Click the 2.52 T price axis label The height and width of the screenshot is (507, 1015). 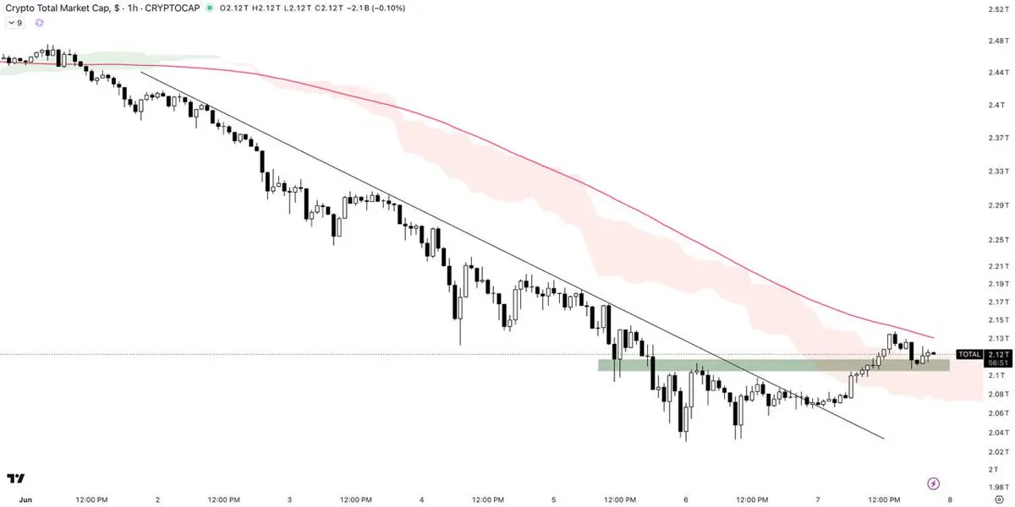[x=998, y=9]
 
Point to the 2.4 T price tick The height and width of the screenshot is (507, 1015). [x=997, y=105]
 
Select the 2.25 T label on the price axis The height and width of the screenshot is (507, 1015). [x=998, y=240]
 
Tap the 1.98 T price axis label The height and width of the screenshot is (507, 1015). [x=998, y=488]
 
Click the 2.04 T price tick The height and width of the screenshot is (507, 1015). [x=998, y=433]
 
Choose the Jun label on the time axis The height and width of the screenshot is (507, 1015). [x=25, y=499]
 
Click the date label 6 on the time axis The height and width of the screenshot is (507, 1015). [x=686, y=499]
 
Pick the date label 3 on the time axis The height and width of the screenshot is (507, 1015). [x=289, y=499]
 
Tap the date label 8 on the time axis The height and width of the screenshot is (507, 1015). [x=950, y=499]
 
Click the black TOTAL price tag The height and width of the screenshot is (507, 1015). [x=969, y=354]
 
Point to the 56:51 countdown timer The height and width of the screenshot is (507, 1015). [x=998, y=363]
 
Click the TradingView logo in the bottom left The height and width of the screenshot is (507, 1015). [x=16, y=478]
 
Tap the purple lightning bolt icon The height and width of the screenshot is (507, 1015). [x=934, y=484]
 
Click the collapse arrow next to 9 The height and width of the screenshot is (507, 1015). [x=11, y=23]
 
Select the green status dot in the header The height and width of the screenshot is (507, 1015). [x=210, y=8]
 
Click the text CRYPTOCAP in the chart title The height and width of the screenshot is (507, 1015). [x=173, y=8]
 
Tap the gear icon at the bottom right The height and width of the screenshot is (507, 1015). [x=999, y=499]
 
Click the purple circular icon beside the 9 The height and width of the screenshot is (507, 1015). [x=40, y=23]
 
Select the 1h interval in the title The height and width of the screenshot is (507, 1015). [x=132, y=8]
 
